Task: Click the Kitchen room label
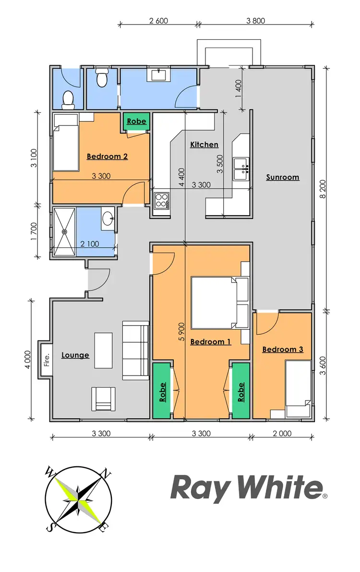coord(204,145)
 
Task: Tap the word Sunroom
coord(283,177)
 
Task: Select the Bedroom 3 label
coord(282,350)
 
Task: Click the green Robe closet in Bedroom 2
coord(137,122)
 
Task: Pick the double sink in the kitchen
coord(241,168)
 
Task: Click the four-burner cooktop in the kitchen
coord(161,200)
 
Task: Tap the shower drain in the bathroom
coord(64,231)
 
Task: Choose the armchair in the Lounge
coord(103,399)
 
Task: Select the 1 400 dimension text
coord(239,88)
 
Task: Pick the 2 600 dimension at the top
coord(158,21)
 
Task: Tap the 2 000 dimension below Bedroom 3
coord(282,434)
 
